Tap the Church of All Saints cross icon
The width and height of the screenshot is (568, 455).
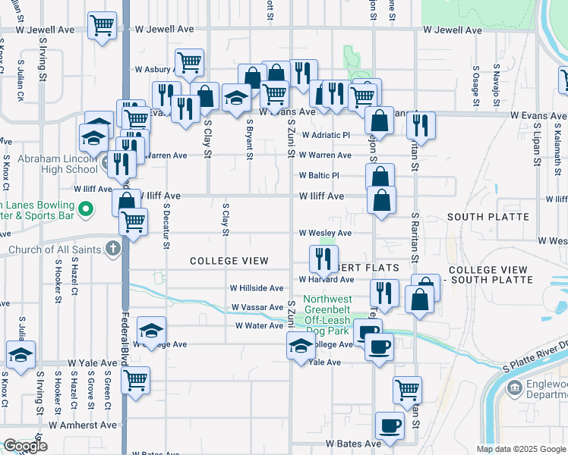[x=112, y=249]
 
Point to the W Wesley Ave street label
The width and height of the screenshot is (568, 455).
[x=325, y=233]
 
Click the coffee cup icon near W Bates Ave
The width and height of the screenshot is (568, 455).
[x=390, y=426]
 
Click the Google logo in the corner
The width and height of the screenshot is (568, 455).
[x=25, y=446]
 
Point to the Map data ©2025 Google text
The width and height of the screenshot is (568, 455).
[x=520, y=449]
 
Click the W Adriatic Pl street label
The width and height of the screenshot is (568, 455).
[x=325, y=135]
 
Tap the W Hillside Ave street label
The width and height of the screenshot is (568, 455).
[x=257, y=288]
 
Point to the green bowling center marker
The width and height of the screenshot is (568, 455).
[x=86, y=208]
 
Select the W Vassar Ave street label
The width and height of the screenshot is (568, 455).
[x=257, y=307]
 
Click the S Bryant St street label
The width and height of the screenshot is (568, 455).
[x=250, y=137]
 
